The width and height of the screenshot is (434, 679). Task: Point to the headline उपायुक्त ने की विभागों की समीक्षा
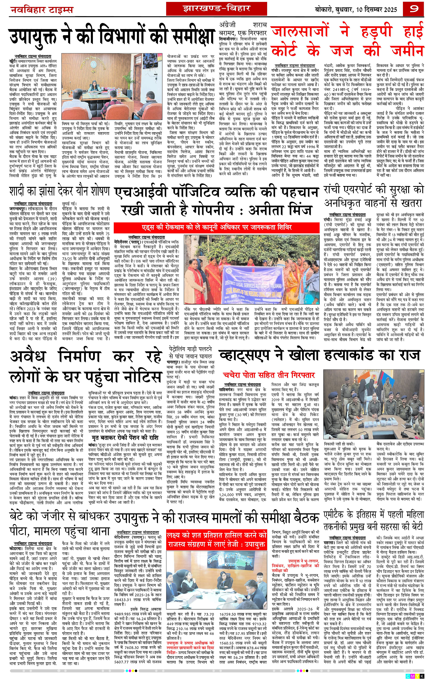coord(111,37)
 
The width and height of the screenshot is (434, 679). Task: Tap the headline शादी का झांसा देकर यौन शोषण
coord(59,191)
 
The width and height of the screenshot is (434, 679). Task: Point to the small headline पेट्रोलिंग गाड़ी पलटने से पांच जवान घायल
coord(191,353)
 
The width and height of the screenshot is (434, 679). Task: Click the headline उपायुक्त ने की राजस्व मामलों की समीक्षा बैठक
coord(216,517)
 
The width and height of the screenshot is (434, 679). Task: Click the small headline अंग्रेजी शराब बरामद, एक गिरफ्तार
coord(243,28)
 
